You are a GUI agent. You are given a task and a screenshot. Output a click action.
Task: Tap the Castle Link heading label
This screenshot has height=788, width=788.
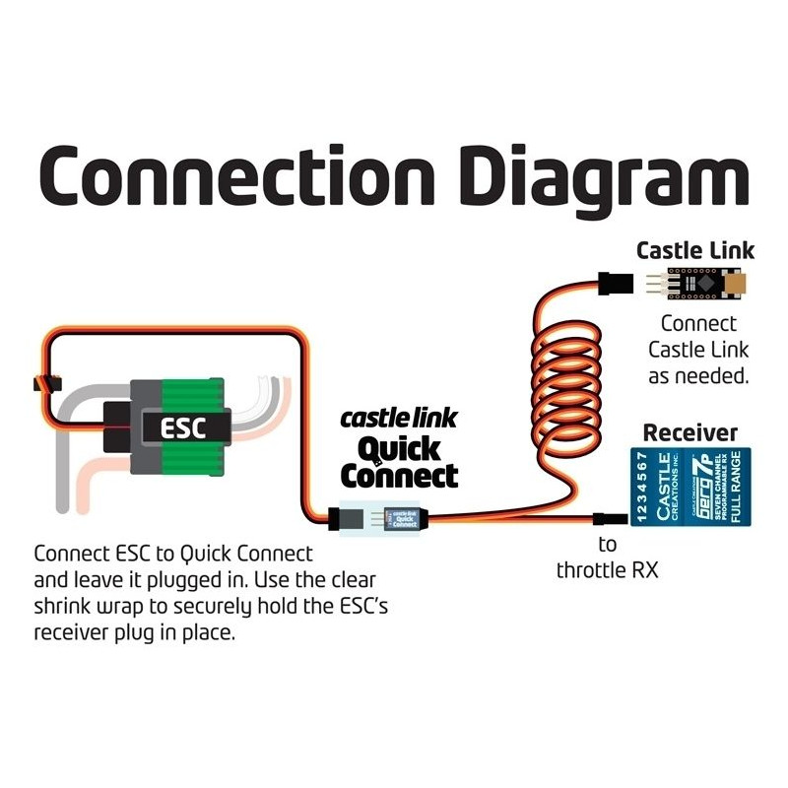coord(695,250)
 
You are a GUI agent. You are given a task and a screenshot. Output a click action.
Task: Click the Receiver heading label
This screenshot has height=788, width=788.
coord(689,432)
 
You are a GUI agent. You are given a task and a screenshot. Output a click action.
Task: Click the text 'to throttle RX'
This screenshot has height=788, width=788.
coord(607,558)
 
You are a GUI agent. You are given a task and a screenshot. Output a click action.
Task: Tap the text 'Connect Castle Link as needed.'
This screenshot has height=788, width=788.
coord(697,349)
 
